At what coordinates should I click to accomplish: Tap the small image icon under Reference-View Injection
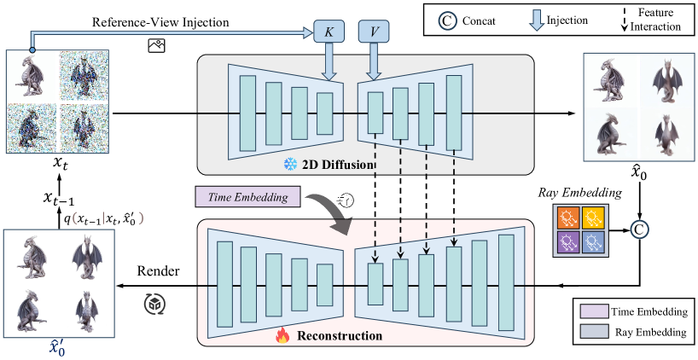pos(155,47)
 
